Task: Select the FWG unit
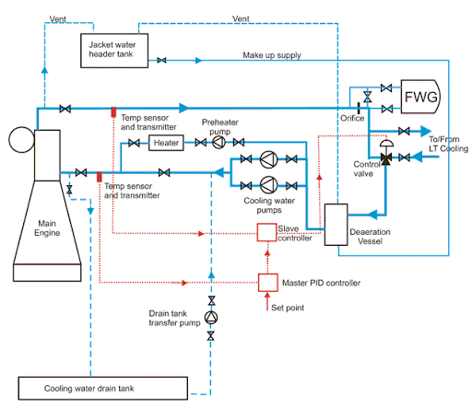click(x=420, y=97)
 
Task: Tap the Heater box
click(x=166, y=143)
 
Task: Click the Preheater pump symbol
click(x=218, y=143)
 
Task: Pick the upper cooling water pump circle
click(x=268, y=159)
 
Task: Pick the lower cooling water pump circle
click(x=268, y=185)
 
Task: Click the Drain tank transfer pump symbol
click(x=211, y=318)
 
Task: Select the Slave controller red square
click(x=266, y=232)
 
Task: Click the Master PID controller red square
click(x=268, y=283)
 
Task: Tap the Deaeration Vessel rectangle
click(x=336, y=225)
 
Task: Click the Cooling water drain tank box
click(x=103, y=389)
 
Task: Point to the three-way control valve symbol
click(x=385, y=157)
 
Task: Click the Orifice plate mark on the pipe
click(x=359, y=109)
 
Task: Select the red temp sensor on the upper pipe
click(x=113, y=111)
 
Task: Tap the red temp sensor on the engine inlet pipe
click(x=100, y=177)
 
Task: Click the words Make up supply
click(x=272, y=55)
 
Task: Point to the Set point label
click(x=288, y=308)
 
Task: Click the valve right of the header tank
click(x=161, y=60)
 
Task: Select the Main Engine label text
click(x=47, y=227)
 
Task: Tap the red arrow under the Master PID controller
click(x=267, y=302)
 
